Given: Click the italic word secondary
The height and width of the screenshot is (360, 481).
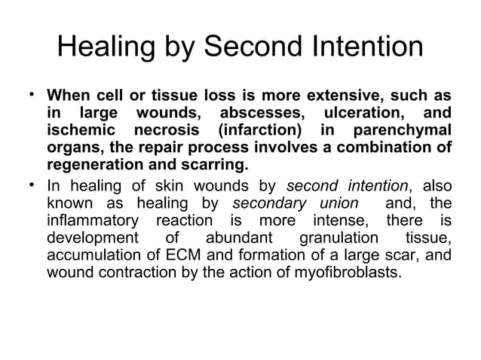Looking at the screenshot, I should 269,203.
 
